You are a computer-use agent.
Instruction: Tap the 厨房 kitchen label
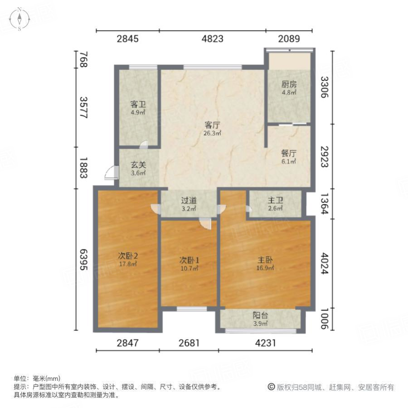289,84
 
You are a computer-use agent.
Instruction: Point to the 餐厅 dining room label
289,153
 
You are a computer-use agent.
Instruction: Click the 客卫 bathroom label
138,103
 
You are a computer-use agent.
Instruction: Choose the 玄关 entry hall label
138,165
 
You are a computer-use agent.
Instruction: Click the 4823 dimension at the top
212,39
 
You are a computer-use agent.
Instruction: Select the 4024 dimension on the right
324,263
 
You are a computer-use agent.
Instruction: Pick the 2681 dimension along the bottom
189,343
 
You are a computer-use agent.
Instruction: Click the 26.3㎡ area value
212,133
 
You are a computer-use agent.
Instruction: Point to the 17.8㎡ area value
128,264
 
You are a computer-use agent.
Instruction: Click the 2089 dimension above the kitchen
289,39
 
